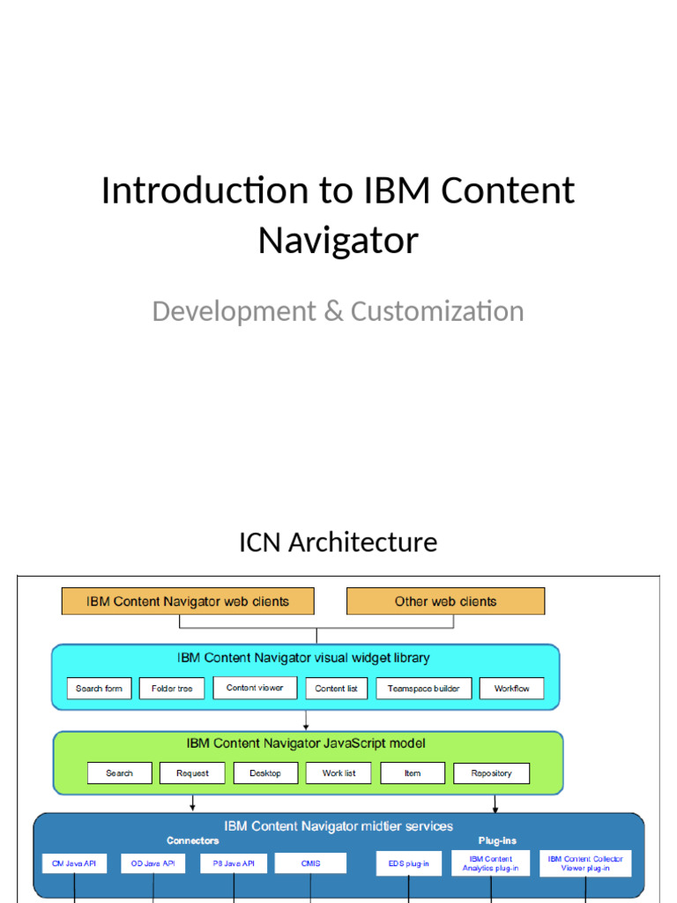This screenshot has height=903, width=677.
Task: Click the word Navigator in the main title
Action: coord(338,240)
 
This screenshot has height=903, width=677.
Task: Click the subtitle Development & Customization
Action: coord(338,311)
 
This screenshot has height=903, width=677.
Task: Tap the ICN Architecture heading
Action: coord(338,541)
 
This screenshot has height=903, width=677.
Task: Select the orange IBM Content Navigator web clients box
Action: coord(188,601)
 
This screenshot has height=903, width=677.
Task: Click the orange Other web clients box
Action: coord(445,601)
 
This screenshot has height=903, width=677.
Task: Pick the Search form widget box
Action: coord(100,688)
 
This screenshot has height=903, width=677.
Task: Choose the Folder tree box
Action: coord(172,688)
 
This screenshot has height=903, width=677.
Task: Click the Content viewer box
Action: coord(255,688)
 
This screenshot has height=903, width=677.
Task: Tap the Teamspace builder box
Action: coord(424,688)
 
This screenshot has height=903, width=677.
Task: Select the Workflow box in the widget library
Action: coord(511,688)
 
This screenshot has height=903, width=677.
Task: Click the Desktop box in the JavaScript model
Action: coord(265,773)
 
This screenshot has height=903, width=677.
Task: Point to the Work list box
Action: coord(339,773)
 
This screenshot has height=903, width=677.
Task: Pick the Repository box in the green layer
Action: coord(491,773)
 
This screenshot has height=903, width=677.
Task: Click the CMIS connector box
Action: coord(310,863)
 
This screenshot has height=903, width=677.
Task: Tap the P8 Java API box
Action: coord(234,863)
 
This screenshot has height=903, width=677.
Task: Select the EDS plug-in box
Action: coord(408,863)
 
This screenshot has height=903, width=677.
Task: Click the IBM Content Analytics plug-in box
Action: coord(491,863)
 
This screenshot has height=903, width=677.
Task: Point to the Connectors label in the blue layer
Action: coord(193,841)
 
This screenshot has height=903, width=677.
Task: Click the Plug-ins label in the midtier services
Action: coord(497,841)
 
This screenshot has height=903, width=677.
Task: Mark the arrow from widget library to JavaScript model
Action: coord(306,720)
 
